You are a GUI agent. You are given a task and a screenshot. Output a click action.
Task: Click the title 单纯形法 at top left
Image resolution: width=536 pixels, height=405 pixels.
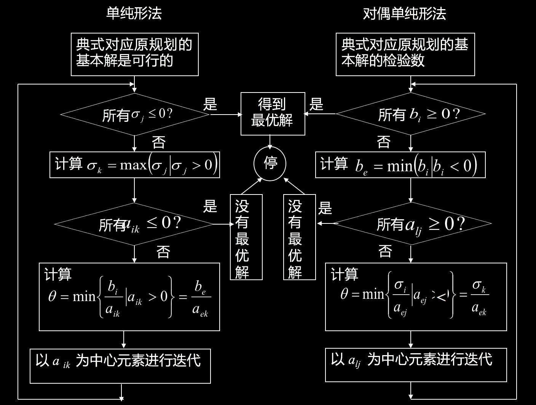point(134,14)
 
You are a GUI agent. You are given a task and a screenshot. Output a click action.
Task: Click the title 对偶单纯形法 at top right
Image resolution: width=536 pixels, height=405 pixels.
point(404,14)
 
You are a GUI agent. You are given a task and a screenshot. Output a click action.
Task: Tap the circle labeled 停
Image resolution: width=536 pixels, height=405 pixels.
point(270,164)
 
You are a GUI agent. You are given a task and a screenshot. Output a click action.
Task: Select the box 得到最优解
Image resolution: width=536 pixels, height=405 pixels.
point(273,113)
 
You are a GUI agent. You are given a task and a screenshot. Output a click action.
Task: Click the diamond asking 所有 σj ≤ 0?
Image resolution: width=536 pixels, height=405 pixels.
point(135,114)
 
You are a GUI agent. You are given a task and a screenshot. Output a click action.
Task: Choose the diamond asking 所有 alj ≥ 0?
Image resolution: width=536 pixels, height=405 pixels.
point(411,224)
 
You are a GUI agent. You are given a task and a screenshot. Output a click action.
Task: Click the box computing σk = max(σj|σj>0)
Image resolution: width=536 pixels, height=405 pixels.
point(135,165)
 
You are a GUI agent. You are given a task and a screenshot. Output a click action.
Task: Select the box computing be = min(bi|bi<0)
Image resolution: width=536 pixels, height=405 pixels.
point(400,165)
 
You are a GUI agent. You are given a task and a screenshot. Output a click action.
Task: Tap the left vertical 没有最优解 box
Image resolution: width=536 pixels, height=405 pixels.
point(246,237)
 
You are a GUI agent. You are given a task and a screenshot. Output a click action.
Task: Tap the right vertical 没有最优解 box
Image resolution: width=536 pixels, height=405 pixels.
point(299,237)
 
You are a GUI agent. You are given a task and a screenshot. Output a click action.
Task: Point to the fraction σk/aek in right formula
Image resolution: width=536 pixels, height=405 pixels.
point(479,297)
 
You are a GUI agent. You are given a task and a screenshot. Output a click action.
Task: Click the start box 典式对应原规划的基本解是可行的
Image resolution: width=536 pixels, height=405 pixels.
point(135,54)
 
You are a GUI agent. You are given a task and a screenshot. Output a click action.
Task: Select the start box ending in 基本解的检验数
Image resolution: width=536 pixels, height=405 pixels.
point(405,54)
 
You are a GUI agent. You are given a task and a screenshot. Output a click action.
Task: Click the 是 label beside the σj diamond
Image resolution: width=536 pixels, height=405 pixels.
point(210,104)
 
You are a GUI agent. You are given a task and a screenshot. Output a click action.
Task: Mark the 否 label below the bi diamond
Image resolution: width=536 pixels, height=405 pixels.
point(384,142)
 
